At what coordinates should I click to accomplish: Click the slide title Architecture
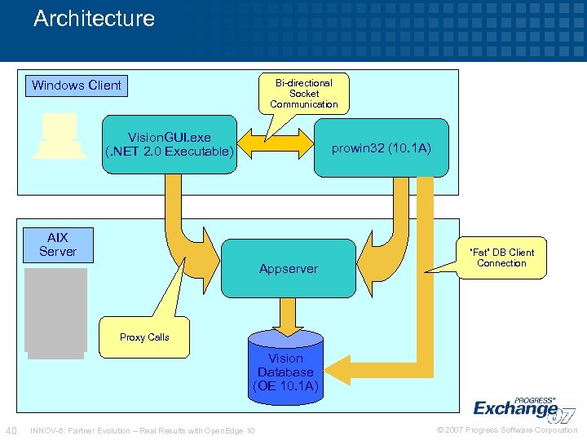coord(94,19)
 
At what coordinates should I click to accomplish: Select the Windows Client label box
coord(76,85)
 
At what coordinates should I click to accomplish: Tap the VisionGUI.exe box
coord(170,145)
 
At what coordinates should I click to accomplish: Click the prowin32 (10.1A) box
coord(381,147)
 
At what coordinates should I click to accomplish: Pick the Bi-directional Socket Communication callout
coord(304,94)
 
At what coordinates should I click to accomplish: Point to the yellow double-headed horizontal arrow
coord(275,147)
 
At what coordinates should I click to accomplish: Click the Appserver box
coord(289,268)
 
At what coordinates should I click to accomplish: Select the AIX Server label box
coord(57,244)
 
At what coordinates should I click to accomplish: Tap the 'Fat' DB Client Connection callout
coord(501,257)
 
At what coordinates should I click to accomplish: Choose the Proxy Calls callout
coord(144,337)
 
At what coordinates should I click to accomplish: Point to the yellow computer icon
coord(59,136)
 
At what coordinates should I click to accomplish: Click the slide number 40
coord(11,430)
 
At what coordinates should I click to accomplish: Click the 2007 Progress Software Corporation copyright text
coord(506,430)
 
